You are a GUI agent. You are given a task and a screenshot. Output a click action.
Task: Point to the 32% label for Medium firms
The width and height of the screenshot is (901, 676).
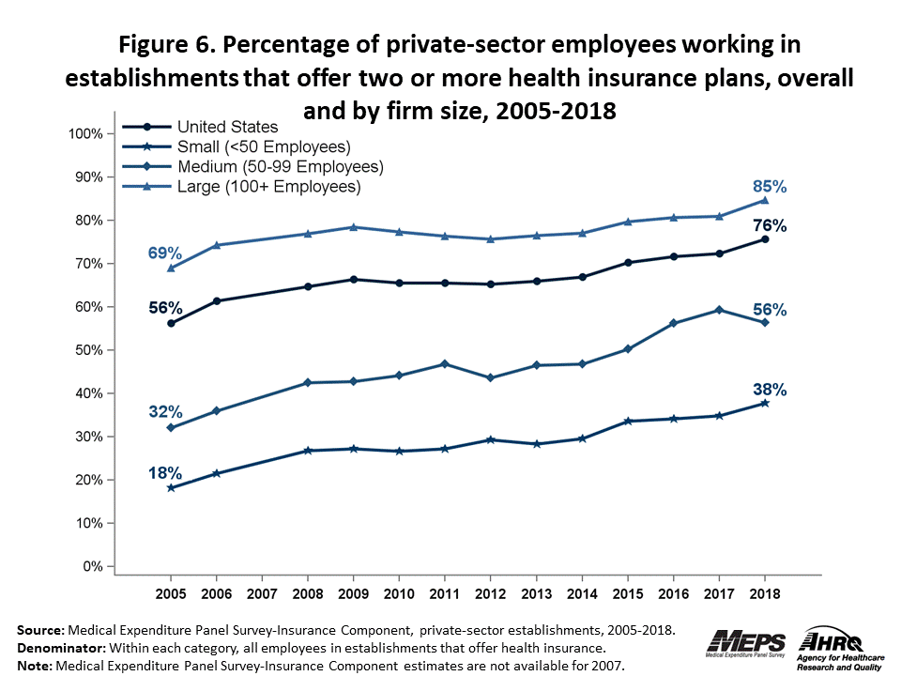point(164,411)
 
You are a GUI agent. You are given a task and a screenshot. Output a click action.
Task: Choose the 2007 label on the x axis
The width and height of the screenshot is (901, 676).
point(262,593)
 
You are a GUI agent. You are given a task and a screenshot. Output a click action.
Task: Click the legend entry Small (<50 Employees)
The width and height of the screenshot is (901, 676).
point(263,146)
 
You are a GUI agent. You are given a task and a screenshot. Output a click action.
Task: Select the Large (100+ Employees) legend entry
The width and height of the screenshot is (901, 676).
point(268,186)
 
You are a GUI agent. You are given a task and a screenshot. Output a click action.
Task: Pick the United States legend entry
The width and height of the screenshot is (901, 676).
point(227,127)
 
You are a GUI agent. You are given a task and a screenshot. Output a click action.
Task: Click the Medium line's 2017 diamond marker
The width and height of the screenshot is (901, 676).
point(719,310)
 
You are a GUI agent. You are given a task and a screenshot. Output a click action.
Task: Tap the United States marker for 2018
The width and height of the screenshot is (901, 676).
point(765,239)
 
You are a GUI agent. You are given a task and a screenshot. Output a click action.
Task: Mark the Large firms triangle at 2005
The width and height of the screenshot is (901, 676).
point(171,268)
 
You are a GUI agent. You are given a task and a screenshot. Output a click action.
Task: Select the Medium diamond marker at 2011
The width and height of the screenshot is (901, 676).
point(445,363)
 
